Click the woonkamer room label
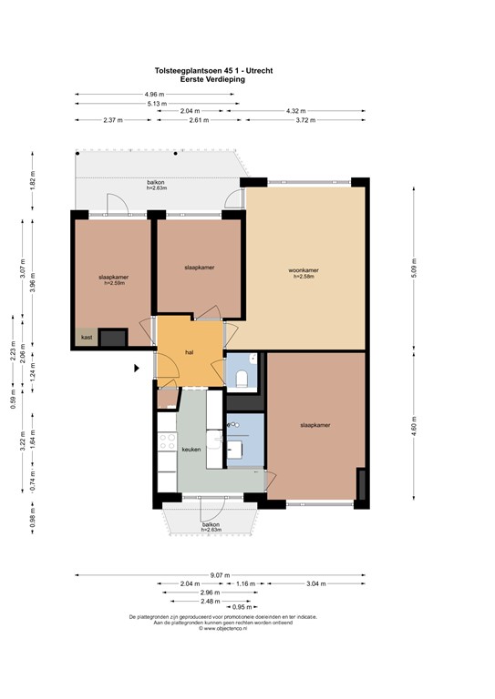pyautogui.click(x=304, y=270)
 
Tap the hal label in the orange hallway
pyautogui.click(x=190, y=351)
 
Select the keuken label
pyautogui.click(x=191, y=449)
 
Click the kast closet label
pyautogui.click(x=87, y=338)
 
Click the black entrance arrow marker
pyautogui.click(x=138, y=368)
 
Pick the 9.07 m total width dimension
pyautogui.click(x=220, y=574)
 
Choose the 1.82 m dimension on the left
pyautogui.click(x=32, y=180)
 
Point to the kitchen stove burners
pyautogui.click(x=167, y=442)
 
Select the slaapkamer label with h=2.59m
pyautogui.click(x=114, y=279)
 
